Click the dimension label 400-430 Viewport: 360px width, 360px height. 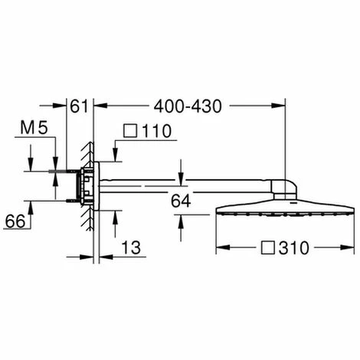pyautogui.click(x=188, y=106)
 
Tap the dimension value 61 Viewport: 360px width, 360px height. pyautogui.click(x=79, y=106)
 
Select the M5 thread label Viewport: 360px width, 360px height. pyautogui.click(x=34, y=128)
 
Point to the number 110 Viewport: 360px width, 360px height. pyautogui.click(x=156, y=131)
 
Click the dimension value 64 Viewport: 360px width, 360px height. pyautogui.click(x=181, y=201)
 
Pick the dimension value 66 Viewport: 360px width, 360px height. pyautogui.click(x=15, y=221)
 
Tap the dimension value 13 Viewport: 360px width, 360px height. pyautogui.click(x=131, y=247)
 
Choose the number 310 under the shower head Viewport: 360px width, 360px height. pyautogui.click(x=294, y=248)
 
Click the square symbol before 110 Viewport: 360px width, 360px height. pyautogui.click(x=130, y=131)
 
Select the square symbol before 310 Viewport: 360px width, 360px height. pyautogui.click(x=268, y=247)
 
